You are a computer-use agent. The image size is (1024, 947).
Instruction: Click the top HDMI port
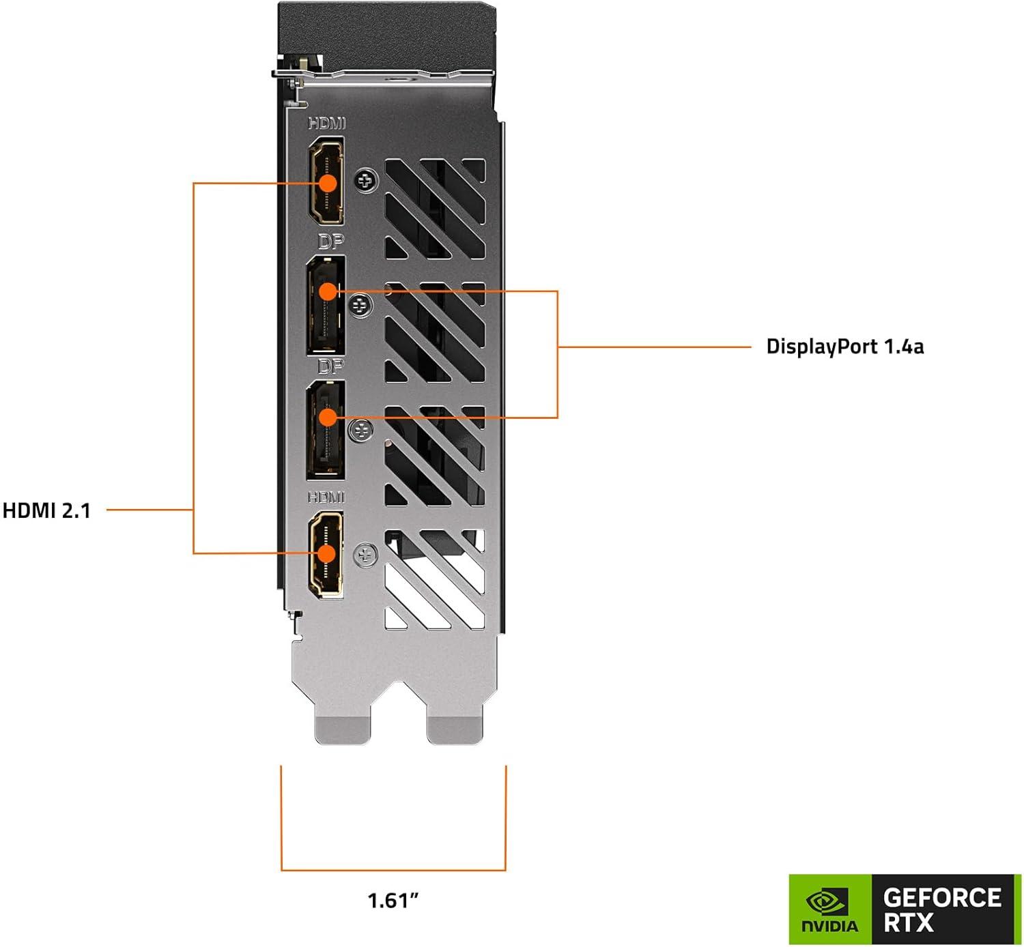pos(327,180)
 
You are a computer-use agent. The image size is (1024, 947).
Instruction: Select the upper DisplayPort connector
pos(326,305)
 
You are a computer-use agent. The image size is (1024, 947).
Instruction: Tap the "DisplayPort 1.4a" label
pos(844,347)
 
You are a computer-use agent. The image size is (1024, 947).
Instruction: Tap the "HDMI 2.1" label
pos(46,510)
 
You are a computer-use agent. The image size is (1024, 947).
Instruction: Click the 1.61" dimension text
pos(393,901)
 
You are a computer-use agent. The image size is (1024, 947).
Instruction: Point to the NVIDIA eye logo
pos(829,903)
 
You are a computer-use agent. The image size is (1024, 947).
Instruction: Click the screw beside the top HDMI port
pos(367,181)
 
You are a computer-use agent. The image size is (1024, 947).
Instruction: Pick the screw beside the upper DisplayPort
pos(360,305)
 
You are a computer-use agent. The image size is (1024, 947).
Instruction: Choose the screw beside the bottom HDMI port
pos(367,555)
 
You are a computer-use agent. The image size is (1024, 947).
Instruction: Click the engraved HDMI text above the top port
pos(327,123)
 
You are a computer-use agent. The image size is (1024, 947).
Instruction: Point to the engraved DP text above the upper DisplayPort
pos(330,242)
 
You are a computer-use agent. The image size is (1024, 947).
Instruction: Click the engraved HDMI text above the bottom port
pos(326,497)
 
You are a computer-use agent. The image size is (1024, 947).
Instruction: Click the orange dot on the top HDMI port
pos(328,183)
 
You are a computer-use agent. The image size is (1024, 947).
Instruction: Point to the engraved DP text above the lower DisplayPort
pos(330,367)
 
